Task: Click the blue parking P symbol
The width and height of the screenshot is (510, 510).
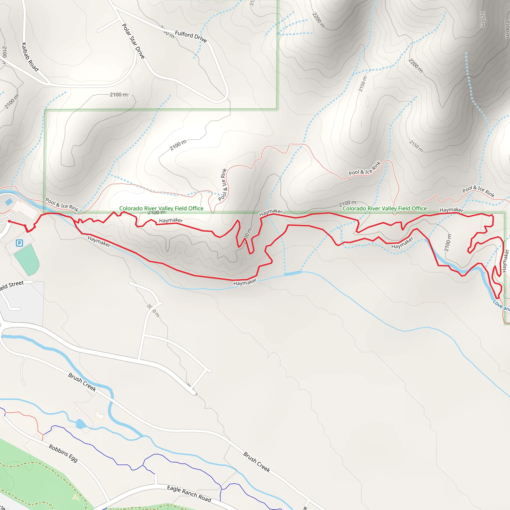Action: point(19,243)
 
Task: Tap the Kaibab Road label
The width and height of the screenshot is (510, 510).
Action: point(30,57)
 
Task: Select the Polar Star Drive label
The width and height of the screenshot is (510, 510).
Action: point(133,41)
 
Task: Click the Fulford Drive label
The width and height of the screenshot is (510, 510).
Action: point(191,36)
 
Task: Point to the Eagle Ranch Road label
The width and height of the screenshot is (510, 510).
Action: point(189,493)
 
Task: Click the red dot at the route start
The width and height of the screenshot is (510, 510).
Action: point(9,221)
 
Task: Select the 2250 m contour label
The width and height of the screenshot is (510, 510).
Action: point(483,19)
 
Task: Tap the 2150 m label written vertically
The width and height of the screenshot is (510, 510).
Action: point(362,84)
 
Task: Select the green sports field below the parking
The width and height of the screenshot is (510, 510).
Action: point(26,260)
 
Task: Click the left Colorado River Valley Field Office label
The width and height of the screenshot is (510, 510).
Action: point(161,208)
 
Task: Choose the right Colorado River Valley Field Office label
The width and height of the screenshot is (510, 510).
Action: point(384,208)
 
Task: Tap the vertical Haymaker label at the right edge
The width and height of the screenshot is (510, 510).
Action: point(505,260)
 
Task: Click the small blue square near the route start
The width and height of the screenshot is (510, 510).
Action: point(9,202)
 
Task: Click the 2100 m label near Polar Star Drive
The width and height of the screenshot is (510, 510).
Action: point(119,94)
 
